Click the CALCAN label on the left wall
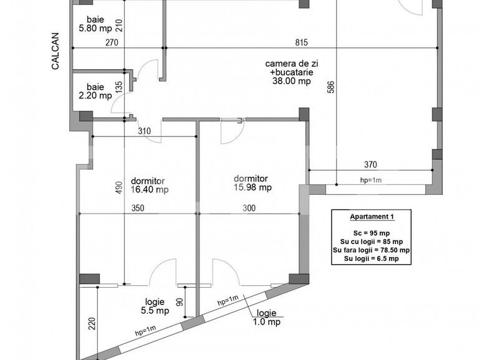[x=55, y=50]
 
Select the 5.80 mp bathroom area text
[x=95, y=28]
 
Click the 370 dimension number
[x=370, y=165]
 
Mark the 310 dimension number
[x=145, y=131]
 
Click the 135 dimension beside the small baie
[x=119, y=87]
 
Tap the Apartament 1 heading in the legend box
[x=371, y=217]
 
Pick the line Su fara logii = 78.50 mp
[x=371, y=250]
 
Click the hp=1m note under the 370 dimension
[x=371, y=180]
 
